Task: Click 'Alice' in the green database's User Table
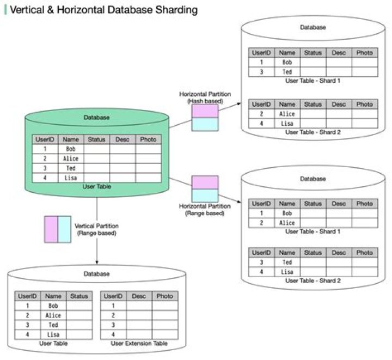(71, 158)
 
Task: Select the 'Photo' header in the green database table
(148, 139)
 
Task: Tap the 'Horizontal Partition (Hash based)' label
(205, 97)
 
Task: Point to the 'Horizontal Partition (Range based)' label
(205, 210)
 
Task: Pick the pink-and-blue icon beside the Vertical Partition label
(57, 229)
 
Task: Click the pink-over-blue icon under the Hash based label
(205, 118)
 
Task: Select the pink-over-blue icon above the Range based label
(205, 189)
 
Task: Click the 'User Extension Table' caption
(139, 344)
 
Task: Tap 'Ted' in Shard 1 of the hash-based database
(287, 72)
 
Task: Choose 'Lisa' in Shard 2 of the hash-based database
(287, 124)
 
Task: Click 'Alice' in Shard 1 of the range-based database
(287, 223)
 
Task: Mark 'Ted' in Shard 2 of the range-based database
(287, 262)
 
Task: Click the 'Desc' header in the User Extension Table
(139, 296)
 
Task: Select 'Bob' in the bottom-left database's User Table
(53, 306)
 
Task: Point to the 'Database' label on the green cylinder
(96, 117)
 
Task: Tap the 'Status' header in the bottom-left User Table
(79, 296)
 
